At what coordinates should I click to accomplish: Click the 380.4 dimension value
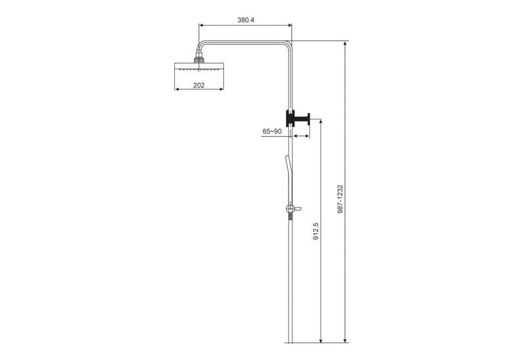point(246,20)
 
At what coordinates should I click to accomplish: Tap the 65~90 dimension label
point(272,131)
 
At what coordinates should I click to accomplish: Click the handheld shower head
point(286,172)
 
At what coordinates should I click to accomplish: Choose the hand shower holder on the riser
point(292,208)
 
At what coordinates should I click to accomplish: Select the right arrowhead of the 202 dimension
point(223,90)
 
